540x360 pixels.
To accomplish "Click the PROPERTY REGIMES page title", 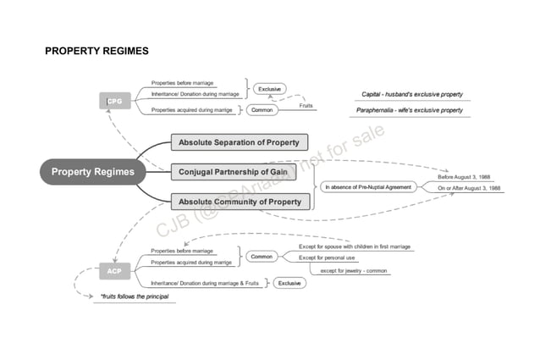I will (96, 51).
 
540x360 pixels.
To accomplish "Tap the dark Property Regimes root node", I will (92, 172).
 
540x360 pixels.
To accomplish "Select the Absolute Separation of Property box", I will (240, 142).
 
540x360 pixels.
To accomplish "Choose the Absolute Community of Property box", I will (240, 202).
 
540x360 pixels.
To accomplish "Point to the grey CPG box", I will (114, 102).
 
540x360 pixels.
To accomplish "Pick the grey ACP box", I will (114, 271).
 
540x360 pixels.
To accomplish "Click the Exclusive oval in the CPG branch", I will (269, 89).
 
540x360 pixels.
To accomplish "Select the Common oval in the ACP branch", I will (262, 256).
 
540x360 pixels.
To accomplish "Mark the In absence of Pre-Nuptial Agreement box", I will (368, 186).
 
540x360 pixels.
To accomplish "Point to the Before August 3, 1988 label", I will (463, 177).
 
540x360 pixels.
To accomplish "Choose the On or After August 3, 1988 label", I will (469, 188).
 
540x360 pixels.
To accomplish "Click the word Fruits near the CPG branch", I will (306, 105).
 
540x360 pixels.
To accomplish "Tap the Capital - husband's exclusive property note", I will (412, 94).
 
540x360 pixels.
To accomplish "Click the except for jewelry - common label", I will (353, 270).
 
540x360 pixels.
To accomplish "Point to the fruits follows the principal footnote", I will (134, 296).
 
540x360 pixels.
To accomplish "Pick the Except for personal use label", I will (327, 258).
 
